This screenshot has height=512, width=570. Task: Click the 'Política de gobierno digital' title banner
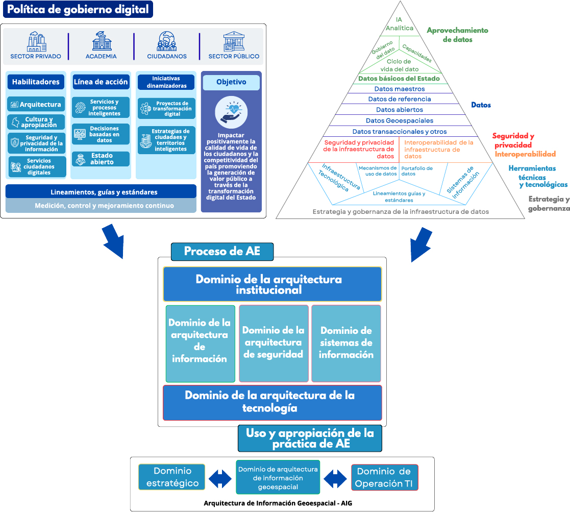[78, 10]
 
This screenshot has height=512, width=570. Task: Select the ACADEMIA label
[101, 57]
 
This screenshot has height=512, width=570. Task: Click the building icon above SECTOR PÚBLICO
[234, 41]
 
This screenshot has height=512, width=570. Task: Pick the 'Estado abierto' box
[101, 159]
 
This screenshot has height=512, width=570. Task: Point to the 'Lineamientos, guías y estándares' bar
[101, 192]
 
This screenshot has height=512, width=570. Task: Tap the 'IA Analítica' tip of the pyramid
[400, 24]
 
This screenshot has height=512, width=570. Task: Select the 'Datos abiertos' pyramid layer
[400, 110]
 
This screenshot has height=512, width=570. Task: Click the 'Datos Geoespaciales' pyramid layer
[400, 121]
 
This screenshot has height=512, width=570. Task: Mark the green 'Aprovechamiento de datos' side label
[457, 35]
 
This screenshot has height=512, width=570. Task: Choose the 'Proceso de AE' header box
[222, 251]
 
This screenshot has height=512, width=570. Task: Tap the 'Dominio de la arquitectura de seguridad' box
[274, 343]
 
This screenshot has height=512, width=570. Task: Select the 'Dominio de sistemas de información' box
[346, 343]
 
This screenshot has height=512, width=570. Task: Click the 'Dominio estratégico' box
[172, 477]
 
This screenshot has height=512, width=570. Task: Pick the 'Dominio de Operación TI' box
[384, 477]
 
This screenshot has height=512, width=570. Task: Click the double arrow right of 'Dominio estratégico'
[220, 478]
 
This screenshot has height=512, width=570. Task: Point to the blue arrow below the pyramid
[422, 244]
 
